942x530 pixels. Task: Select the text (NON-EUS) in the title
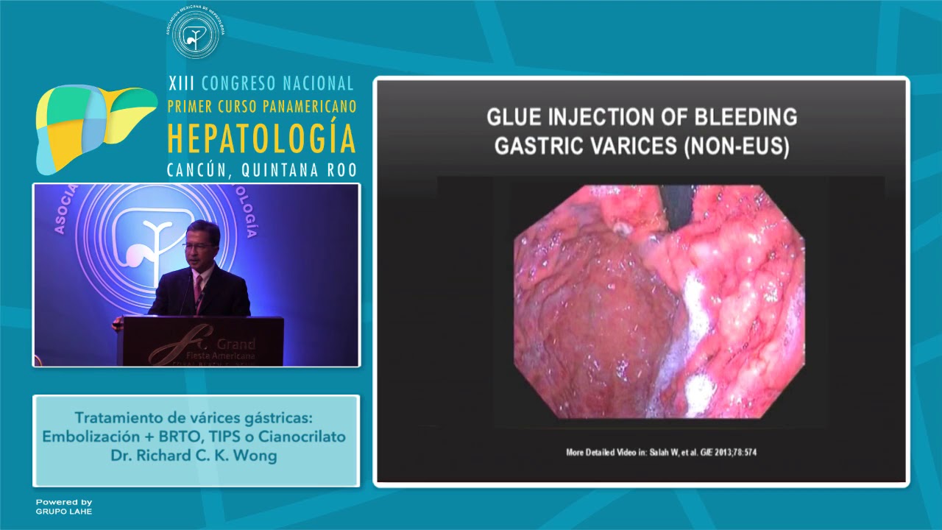tap(736, 146)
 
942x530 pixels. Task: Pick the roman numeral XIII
tap(183, 82)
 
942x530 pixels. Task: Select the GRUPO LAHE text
tap(64, 511)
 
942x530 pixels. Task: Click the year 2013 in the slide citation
tap(725, 452)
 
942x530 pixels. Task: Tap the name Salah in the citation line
tap(658, 452)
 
